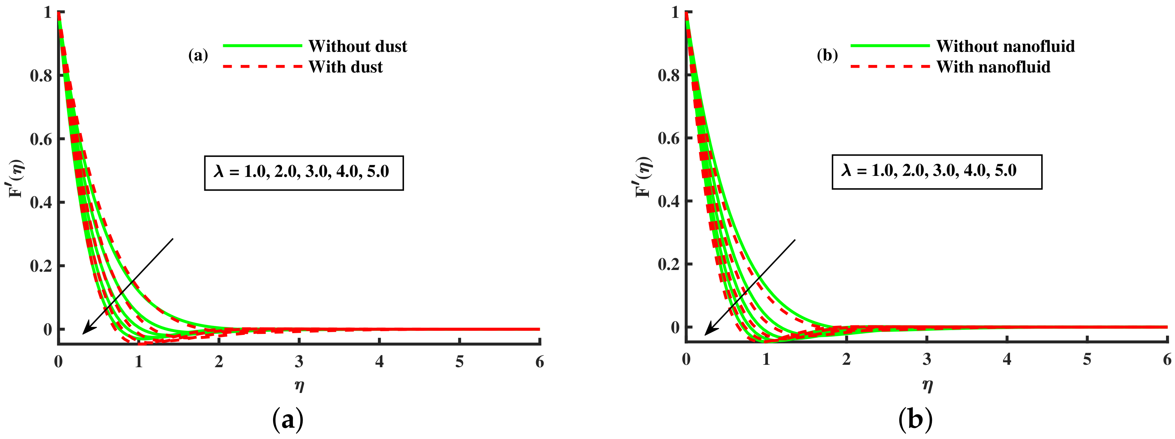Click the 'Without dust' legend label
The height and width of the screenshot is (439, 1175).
(x=358, y=46)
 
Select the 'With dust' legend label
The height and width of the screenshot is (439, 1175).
(x=345, y=67)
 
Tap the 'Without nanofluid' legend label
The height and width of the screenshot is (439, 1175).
(x=1005, y=46)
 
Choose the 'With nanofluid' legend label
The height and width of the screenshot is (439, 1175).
(x=993, y=67)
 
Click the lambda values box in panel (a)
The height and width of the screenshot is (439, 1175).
(x=303, y=173)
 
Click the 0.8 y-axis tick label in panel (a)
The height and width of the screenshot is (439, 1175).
(x=41, y=76)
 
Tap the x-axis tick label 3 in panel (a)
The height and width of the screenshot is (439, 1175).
(x=299, y=362)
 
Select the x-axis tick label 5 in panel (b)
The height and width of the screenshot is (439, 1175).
(x=1087, y=360)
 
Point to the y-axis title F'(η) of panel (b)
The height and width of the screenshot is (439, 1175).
(x=644, y=177)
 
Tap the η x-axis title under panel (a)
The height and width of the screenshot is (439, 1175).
(x=299, y=386)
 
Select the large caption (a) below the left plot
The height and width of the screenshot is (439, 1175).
(x=287, y=419)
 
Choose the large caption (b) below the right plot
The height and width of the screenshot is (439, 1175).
(x=915, y=419)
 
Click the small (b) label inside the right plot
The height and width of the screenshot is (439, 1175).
(x=827, y=56)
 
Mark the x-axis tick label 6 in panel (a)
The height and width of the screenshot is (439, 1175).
(x=540, y=362)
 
